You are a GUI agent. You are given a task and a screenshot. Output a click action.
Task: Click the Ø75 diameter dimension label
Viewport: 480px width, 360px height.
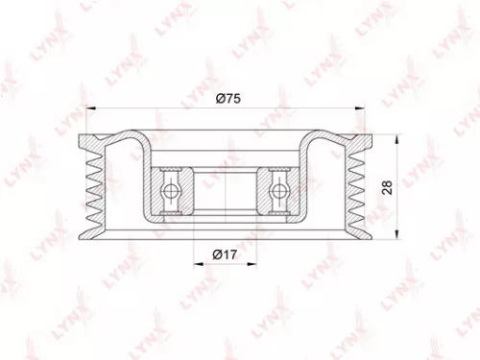pos(228,97)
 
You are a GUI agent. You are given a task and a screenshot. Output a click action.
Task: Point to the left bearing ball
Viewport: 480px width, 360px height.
pos(172,190)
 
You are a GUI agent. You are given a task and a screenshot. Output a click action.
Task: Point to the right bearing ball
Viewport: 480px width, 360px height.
pos(278,190)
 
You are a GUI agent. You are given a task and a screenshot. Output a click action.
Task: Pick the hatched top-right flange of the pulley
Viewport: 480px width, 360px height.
pos(355,142)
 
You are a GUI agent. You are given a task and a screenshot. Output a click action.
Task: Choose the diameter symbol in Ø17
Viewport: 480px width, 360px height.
pos(216,254)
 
